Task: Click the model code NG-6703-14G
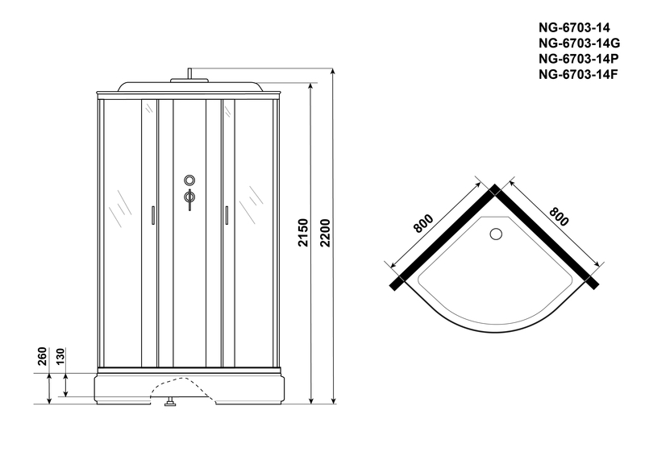tap(579, 44)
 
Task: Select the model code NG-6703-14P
tap(578, 59)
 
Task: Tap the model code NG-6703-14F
tap(578, 74)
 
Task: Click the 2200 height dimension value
tap(325, 233)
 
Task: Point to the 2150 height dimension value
tap(303, 233)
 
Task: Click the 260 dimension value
tap(43, 356)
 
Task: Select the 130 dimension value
tap(60, 356)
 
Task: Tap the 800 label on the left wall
tap(423, 223)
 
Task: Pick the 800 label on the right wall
tap(559, 217)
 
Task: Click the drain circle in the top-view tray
tap(496, 234)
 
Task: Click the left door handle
tap(153, 215)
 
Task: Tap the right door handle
tap(227, 215)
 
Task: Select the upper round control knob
tap(189, 180)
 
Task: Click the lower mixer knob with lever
tap(189, 198)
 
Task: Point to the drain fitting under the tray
tap(170, 402)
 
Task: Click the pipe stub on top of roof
tap(189, 73)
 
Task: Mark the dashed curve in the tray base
tap(182, 388)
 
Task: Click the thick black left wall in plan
tap(445, 237)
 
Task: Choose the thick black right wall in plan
tap(545, 237)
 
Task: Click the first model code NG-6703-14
tap(575, 27)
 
